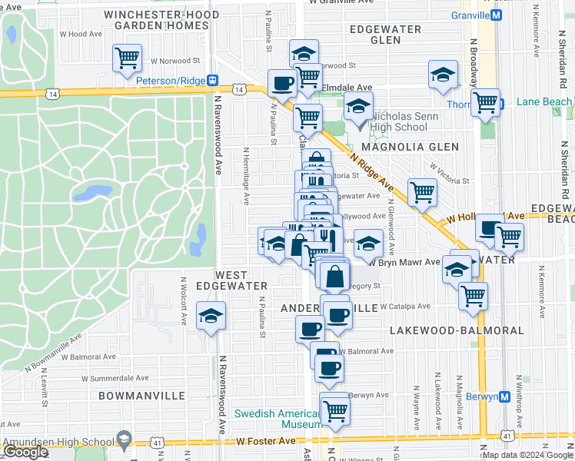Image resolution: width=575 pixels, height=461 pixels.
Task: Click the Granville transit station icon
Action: coord(497,15)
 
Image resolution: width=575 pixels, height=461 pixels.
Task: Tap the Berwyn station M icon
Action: coord(504,396)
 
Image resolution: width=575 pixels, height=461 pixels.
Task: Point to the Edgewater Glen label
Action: coord(385,35)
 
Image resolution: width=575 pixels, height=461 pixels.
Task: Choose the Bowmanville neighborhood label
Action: coord(141,396)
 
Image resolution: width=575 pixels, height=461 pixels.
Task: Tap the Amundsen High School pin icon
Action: coord(123,439)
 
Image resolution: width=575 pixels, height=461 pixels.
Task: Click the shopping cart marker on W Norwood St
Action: coord(127,57)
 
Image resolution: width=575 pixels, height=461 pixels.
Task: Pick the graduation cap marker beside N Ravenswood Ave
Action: coord(211,316)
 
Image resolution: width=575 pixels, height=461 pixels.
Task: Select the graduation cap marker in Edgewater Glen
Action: coord(443,75)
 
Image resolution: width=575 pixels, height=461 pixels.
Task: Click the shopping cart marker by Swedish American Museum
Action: coord(334,410)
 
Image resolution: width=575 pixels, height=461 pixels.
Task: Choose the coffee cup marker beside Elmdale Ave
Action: coord(281,82)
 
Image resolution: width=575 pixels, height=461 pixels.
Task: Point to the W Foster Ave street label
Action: coord(266,441)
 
